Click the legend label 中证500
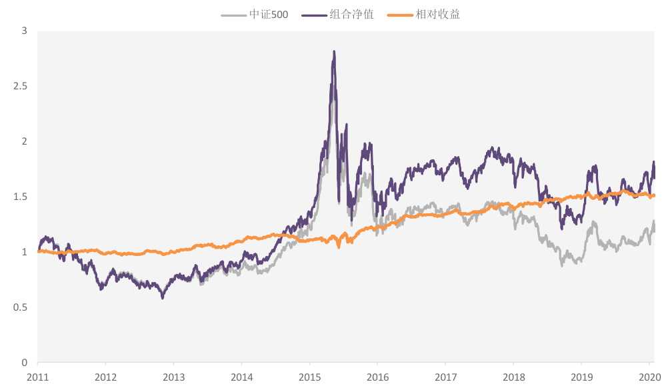tap(269, 14)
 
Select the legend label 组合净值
tap(351, 14)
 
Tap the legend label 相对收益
tap(437, 14)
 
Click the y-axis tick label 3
tap(24, 31)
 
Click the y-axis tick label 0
tap(24, 363)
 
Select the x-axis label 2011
tap(37, 376)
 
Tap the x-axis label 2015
tap(309, 376)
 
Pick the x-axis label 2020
tap(649, 376)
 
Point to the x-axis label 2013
tap(173, 376)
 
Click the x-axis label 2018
tap(513, 376)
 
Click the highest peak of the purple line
tap(333, 51)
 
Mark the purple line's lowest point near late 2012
tap(162, 298)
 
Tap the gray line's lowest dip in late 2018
tap(562, 265)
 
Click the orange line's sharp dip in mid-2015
tap(339, 247)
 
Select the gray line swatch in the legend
tap(233, 14)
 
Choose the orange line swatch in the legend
tap(401, 14)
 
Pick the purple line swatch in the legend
tap(315, 14)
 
